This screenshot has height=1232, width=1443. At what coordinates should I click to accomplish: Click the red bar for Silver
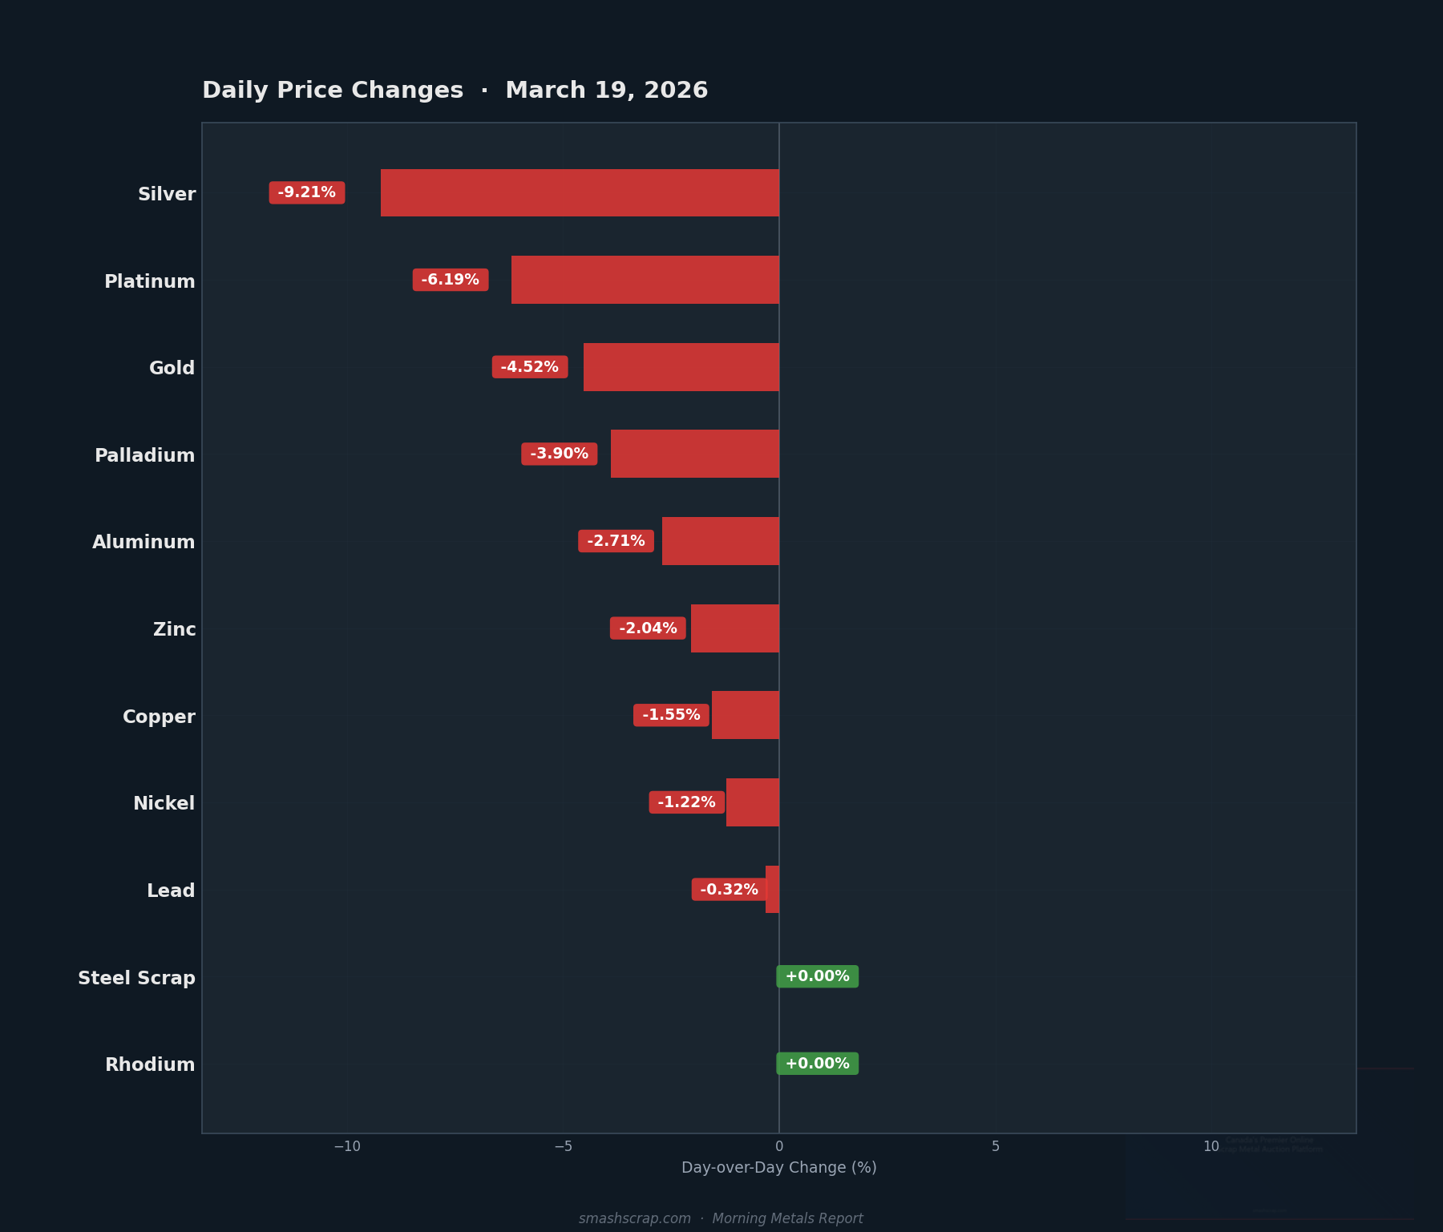pos(580,192)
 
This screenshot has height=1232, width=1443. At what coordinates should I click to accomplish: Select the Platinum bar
pos(645,280)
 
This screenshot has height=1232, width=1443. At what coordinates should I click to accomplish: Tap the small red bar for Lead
pos(772,889)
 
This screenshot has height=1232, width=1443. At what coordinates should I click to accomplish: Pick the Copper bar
pos(746,715)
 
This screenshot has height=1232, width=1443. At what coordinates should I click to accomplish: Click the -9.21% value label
pos(307,192)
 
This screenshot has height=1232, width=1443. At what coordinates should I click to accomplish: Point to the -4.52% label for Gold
pos(530,367)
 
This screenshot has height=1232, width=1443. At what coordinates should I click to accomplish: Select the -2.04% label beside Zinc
pos(648,628)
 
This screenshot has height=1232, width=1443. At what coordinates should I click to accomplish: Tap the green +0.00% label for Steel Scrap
pos(817,976)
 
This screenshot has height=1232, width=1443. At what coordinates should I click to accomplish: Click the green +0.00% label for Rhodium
pos(817,1064)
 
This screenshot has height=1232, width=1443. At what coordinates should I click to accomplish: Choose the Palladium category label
pos(145,455)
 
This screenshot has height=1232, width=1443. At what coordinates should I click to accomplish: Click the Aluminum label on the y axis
pos(144,542)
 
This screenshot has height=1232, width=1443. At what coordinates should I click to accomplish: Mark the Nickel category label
pos(164,803)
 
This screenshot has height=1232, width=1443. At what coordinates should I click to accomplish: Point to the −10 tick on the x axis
pos(347,1147)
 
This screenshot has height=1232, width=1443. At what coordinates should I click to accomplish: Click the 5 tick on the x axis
pos(996,1147)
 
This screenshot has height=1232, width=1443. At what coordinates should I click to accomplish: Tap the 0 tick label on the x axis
pos(779,1147)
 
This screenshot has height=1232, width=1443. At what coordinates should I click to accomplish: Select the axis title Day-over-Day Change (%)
pos(779,1168)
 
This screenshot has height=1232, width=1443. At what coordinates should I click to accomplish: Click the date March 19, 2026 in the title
pos(607,91)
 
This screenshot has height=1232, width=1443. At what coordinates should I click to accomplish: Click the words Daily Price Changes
pos(333,91)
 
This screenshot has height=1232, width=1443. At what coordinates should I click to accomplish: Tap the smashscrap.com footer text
pos(635,1218)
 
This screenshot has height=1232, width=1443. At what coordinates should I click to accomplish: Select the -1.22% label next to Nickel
pos(687,802)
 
